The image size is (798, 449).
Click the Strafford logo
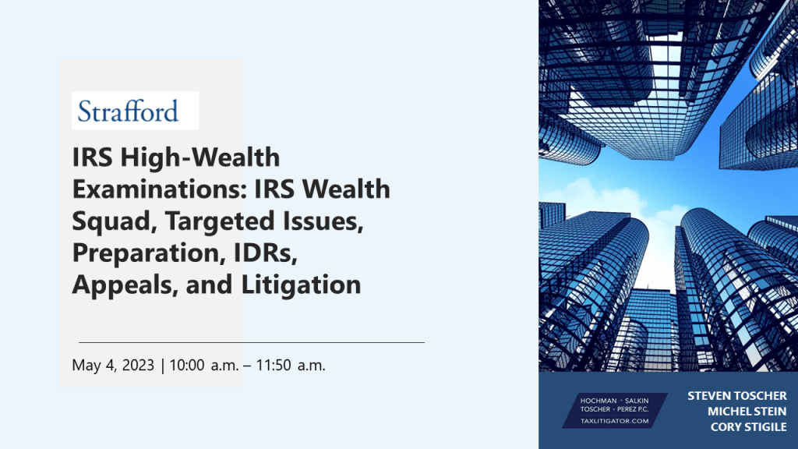pos(135,111)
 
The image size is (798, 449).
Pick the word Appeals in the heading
pos(125,285)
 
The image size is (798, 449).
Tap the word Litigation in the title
pos(301,285)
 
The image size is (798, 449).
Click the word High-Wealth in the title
pos(200,157)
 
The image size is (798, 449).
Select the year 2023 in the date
pos(138,365)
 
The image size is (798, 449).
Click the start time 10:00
pos(187,365)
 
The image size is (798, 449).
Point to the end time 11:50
pos(274,365)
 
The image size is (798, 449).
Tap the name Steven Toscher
pos(737,396)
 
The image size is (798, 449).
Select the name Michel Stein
pos(747,412)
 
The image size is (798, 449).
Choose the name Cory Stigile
pos(749,427)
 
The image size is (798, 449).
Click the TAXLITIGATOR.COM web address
pos(615,421)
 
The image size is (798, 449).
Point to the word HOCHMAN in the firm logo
pos(598,401)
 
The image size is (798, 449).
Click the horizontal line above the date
pos(252,343)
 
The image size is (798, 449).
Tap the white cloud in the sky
pos(601,196)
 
